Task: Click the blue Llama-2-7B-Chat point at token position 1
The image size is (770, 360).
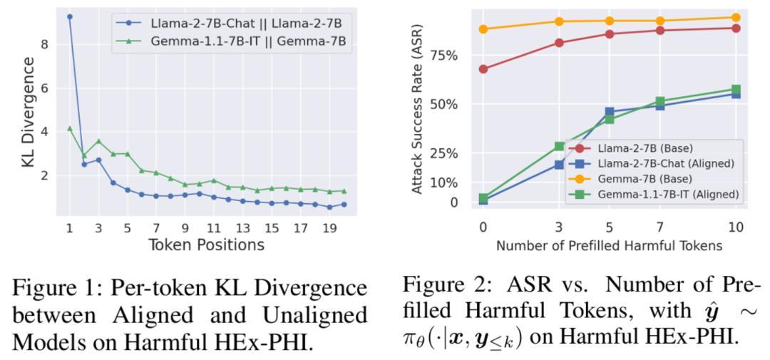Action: [x=69, y=16]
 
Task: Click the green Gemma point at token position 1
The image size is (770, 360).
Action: [x=69, y=128]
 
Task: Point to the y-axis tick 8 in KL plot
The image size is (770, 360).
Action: [x=45, y=44]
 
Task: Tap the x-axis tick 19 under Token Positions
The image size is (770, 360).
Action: [x=329, y=229]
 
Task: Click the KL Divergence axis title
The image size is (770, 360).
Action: [x=28, y=113]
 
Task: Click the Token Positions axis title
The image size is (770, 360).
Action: [x=206, y=246]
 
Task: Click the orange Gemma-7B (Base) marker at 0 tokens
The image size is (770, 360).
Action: [x=483, y=29]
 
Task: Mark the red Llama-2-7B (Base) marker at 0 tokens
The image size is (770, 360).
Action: [x=483, y=69]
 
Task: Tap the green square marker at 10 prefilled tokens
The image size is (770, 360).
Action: [x=736, y=90]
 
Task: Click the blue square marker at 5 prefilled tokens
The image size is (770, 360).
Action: [x=610, y=112]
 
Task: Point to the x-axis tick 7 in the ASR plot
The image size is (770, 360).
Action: [x=660, y=227]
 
